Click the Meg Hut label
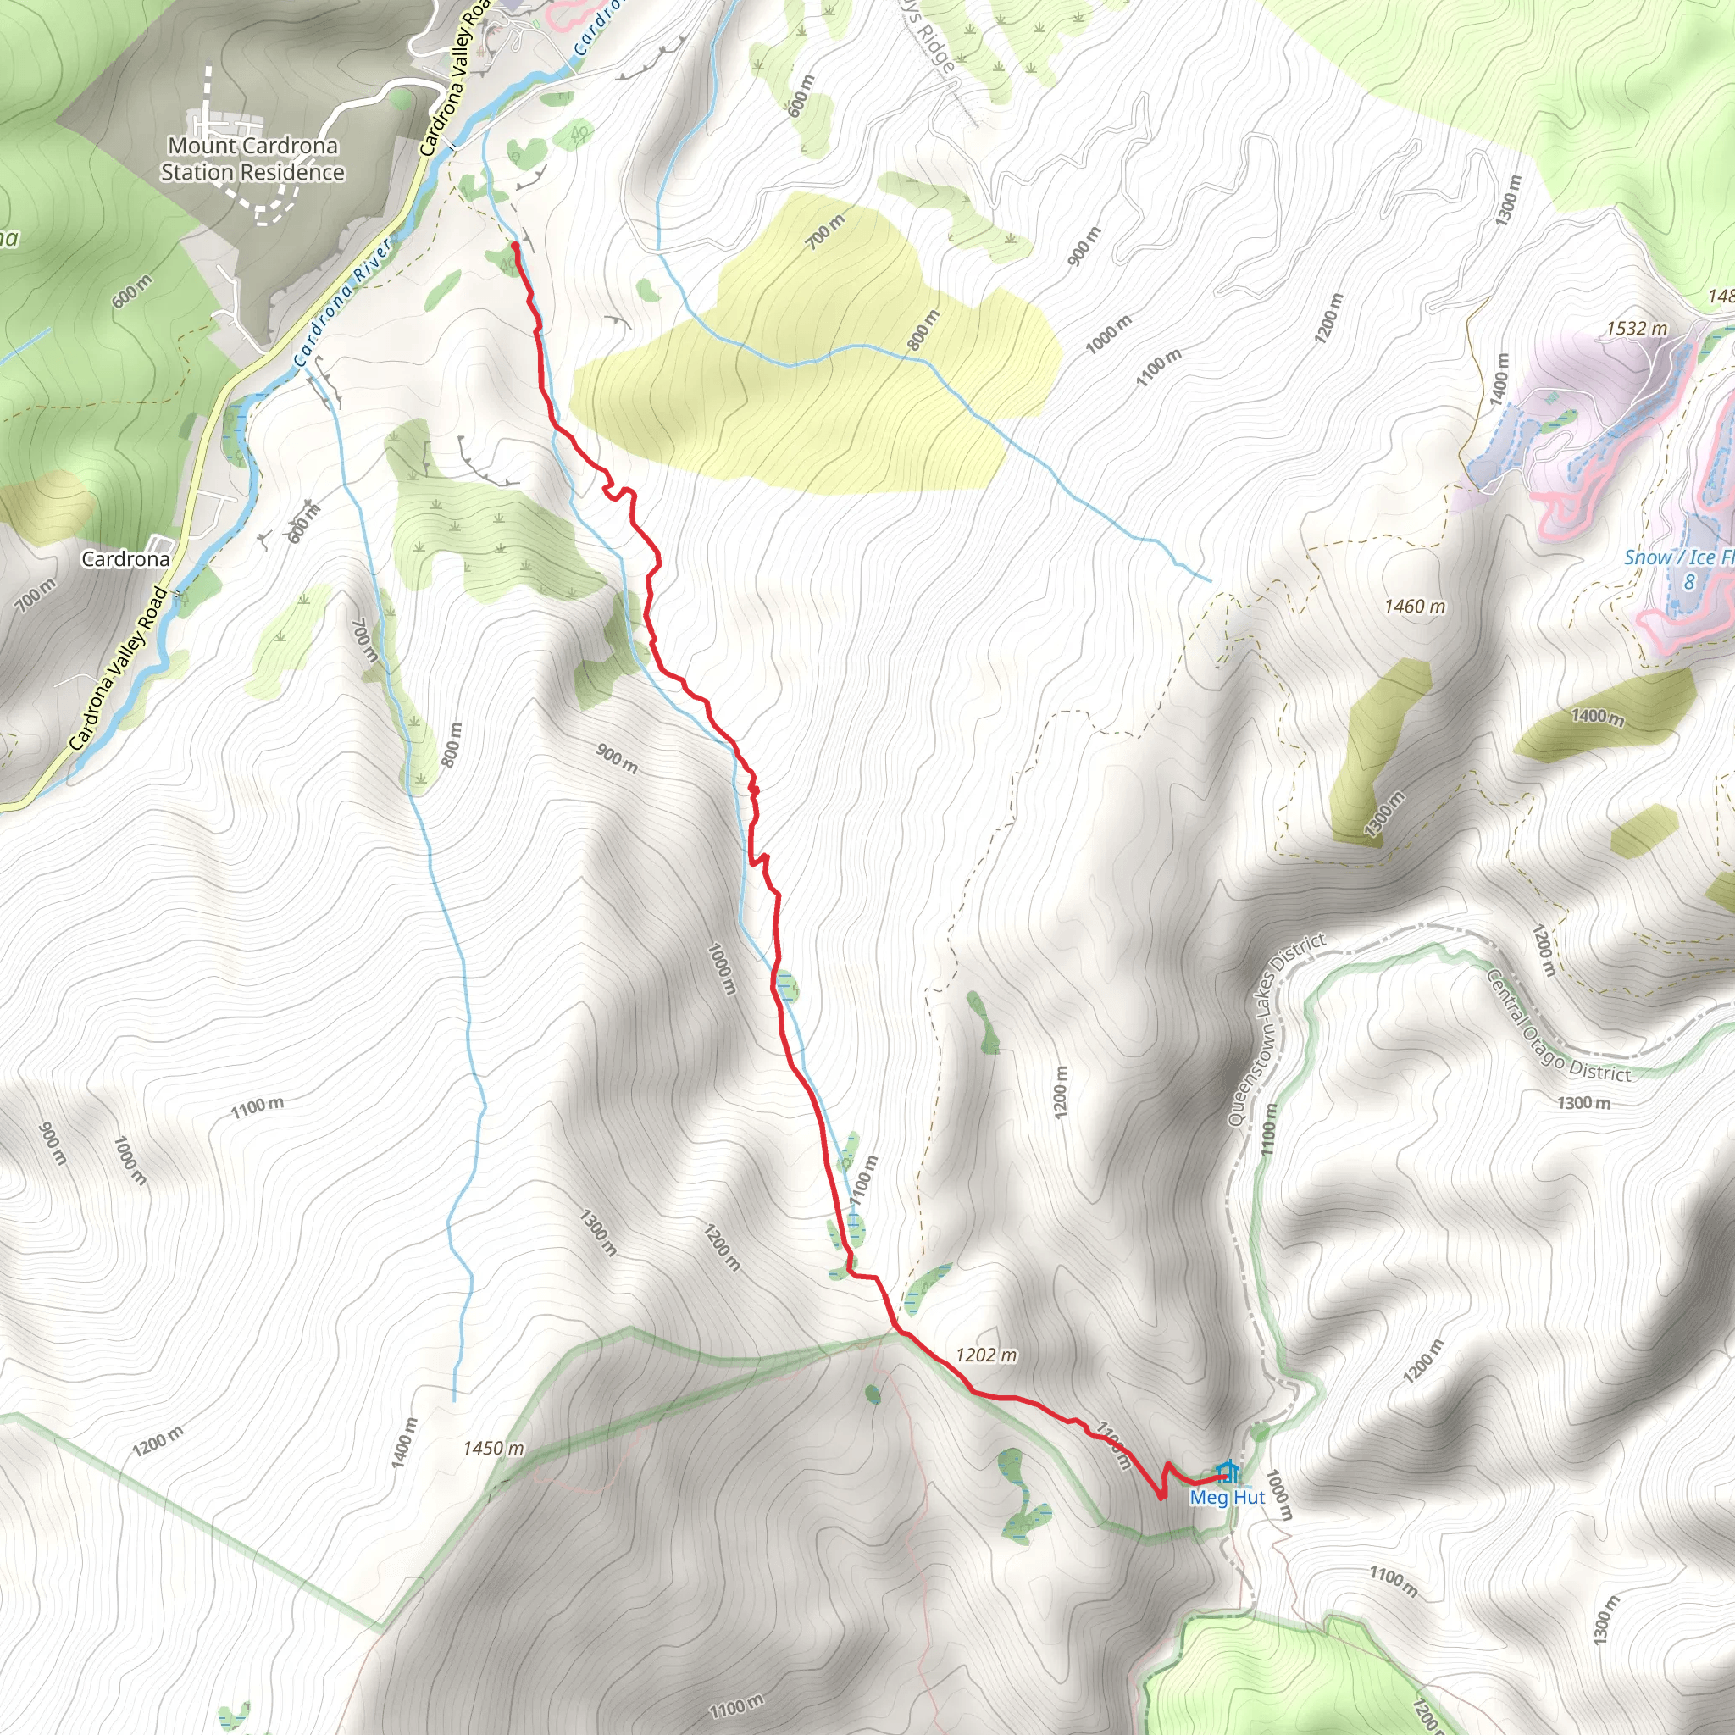1227,1497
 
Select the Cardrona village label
125,558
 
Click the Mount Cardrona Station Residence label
252,158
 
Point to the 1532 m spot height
1636,329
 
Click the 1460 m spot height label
1415,607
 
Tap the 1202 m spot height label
986,1355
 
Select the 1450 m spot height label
493,1449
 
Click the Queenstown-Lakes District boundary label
1275,1029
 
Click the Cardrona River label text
343,302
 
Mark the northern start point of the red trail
514,244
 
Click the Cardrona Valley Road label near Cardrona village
118,670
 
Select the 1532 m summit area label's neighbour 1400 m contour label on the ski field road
1499,379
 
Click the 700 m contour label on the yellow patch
824,231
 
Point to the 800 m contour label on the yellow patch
923,330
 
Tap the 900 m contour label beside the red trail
617,759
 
